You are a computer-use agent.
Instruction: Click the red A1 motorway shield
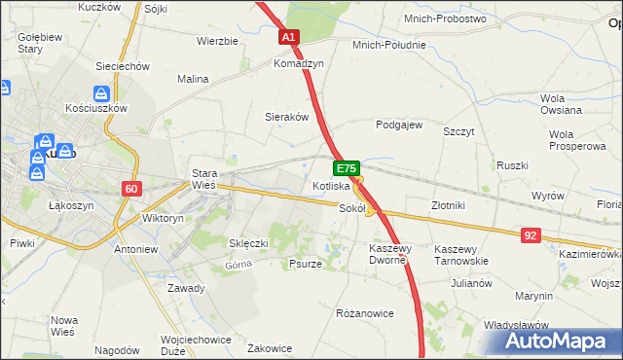(289, 37)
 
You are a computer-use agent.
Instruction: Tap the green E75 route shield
(349, 168)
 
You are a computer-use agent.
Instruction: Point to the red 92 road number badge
(530, 234)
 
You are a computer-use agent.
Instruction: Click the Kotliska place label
(330, 186)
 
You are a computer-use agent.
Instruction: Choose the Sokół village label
(351, 207)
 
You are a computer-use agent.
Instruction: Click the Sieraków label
(287, 116)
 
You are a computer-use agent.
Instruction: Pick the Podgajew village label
(399, 125)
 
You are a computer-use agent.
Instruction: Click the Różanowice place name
(364, 313)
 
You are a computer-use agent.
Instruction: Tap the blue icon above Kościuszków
(101, 93)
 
